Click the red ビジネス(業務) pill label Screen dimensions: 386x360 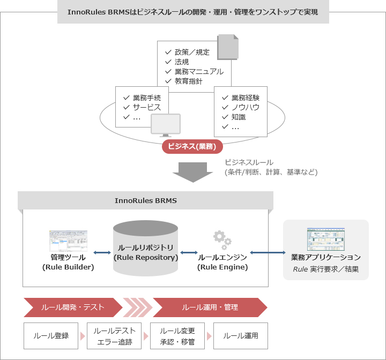192,146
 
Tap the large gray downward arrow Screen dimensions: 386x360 193,172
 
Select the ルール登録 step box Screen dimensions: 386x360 51,336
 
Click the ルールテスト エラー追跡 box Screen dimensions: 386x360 114,336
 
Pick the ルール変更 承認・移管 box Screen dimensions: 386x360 177,336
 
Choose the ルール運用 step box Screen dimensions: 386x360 241,336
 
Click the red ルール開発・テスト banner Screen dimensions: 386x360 73,307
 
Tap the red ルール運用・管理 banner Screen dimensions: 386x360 210,307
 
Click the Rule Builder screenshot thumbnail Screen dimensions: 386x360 68,241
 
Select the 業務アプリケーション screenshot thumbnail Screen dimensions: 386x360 326,239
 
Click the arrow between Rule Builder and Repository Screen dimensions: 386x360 102,252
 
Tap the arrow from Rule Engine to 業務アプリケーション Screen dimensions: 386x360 268,252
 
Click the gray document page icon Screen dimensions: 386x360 228,47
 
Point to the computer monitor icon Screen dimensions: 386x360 166,125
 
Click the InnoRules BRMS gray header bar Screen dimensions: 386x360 145,200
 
